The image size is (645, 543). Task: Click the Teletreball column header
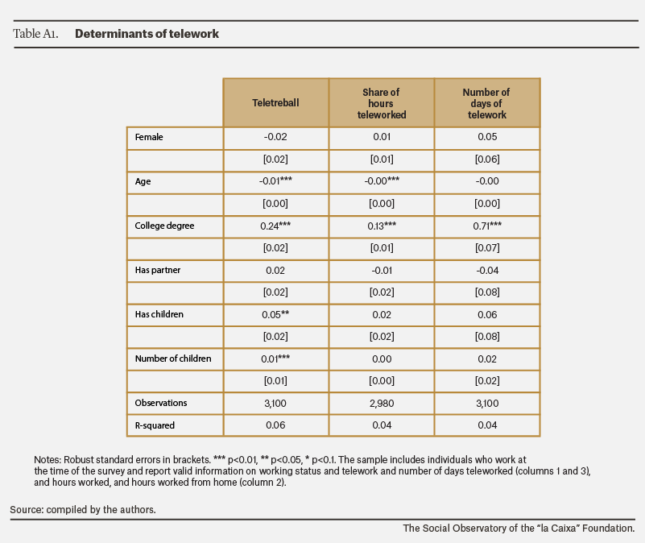(x=275, y=102)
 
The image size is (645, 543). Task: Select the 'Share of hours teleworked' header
(x=382, y=103)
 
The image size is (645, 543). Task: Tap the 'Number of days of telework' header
(x=486, y=103)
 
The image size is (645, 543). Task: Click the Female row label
(x=149, y=137)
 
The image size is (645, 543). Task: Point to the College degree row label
(x=164, y=226)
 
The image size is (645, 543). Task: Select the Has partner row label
(x=158, y=270)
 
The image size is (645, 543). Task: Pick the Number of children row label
(x=173, y=359)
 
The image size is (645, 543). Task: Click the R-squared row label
(x=155, y=425)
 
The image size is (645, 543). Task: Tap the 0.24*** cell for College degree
(x=275, y=226)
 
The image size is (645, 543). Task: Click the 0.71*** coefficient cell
(x=487, y=226)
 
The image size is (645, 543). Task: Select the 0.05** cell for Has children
(x=275, y=314)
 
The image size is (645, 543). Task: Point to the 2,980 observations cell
(x=382, y=404)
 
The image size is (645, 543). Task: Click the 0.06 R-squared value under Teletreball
(x=275, y=425)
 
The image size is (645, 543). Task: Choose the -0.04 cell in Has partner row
(x=487, y=271)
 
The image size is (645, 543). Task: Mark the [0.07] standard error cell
(x=487, y=248)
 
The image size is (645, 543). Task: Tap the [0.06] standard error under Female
(x=487, y=159)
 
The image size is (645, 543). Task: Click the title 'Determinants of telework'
(x=147, y=34)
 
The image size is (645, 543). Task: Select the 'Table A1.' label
(x=35, y=34)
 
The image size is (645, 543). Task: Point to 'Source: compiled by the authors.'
(x=83, y=510)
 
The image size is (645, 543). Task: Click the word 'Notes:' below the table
(x=48, y=460)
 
